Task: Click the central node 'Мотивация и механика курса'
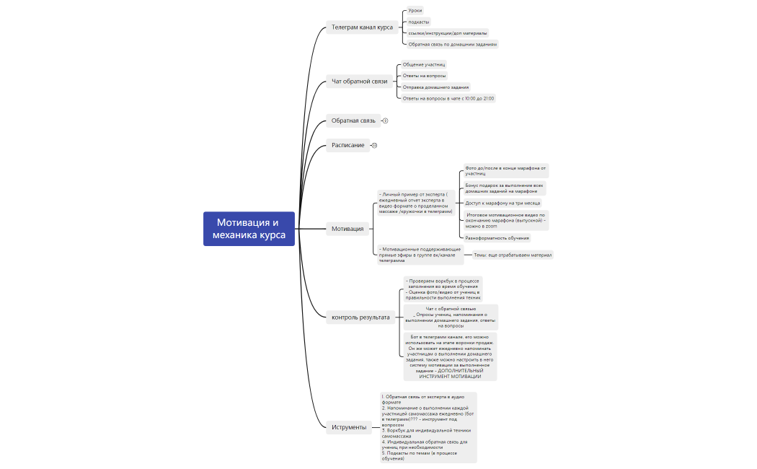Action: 249,229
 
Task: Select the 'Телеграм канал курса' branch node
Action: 361,27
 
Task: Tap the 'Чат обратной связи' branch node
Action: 359,82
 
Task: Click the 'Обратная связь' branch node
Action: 353,120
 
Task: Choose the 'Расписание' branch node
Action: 347,146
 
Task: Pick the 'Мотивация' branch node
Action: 347,229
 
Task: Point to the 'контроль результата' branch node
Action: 360,317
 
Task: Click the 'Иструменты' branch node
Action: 349,427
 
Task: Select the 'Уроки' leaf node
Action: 415,11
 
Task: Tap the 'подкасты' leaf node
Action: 418,22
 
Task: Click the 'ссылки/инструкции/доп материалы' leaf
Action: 447,32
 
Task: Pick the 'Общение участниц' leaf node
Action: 424,64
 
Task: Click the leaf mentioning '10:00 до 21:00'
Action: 448,98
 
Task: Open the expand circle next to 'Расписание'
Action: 374,146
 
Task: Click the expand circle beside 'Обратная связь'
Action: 385,120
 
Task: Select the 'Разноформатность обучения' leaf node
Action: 497,237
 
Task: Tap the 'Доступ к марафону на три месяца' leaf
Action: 502,203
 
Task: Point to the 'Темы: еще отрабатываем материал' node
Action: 512,255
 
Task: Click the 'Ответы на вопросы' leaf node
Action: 424,76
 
